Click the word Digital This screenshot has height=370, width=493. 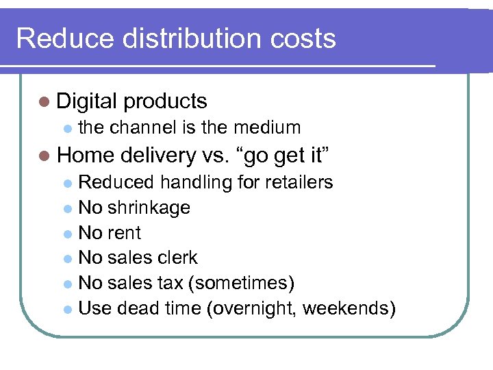pyautogui.click(x=87, y=101)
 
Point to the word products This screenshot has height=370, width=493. pyautogui.click(x=165, y=101)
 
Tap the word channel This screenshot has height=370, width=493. pyautogui.click(x=143, y=127)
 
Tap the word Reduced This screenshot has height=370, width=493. pyautogui.click(x=117, y=182)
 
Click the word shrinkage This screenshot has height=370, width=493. pyautogui.click(x=149, y=208)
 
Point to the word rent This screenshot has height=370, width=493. pyautogui.click(x=125, y=233)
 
